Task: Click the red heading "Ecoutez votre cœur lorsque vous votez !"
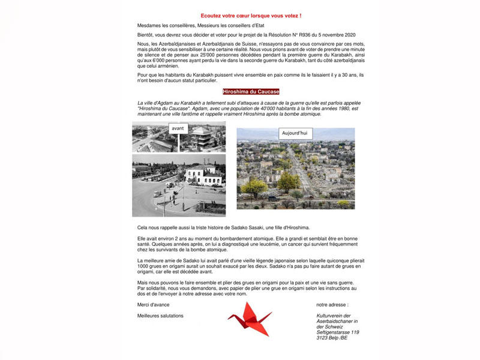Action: tap(251, 14)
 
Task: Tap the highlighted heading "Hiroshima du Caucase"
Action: tap(250, 92)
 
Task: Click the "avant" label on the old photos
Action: tap(178, 128)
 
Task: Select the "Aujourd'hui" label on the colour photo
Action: tap(295, 133)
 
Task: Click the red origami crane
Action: tap(250, 317)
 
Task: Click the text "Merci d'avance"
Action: tap(153, 304)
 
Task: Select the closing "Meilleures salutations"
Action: tap(160, 316)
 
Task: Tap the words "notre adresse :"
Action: tap(332, 304)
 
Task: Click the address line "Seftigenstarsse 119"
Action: tap(338, 332)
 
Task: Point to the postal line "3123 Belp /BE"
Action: tap(332, 338)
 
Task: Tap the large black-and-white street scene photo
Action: tap(179, 185)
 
